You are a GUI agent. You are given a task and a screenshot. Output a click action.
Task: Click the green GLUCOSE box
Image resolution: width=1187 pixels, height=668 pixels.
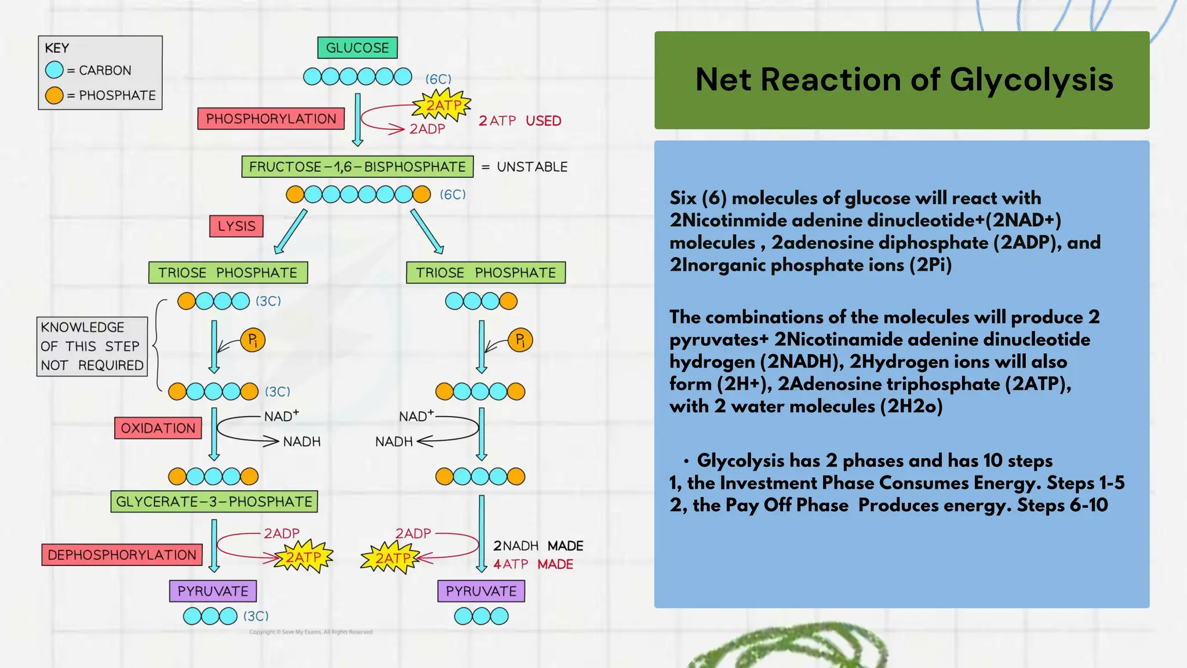click(357, 48)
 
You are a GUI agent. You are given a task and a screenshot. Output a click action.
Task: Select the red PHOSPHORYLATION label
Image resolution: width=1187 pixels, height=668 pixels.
click(271, 119)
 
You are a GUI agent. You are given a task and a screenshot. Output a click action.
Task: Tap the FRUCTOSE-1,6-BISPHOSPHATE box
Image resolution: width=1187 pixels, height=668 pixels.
click(357, 167)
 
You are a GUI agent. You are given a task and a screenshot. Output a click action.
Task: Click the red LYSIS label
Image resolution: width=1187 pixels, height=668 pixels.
click(236, 226)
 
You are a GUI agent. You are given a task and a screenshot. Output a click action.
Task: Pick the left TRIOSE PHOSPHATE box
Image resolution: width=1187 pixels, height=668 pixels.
click(228, 273)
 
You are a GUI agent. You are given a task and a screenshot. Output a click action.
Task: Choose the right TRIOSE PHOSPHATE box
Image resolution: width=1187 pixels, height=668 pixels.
click(486, 273)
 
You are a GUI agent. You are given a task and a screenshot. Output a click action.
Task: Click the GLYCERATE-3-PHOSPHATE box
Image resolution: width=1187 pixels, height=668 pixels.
click(214, 502)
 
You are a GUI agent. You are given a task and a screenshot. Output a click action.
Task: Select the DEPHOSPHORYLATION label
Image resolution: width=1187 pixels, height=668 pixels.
click(122, 555)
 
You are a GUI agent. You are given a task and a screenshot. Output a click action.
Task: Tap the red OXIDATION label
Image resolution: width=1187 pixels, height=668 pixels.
click(158, 429)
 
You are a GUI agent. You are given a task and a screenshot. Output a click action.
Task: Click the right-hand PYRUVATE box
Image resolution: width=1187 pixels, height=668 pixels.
click(481, 591)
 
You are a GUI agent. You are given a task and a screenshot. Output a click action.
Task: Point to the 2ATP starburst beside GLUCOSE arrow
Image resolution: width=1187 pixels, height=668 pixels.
click(443, 106)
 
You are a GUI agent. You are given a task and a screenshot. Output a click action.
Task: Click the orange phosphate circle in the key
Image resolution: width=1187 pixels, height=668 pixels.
click(54, 95)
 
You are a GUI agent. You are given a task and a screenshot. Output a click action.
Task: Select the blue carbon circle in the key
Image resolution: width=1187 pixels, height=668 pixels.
click(54, 70)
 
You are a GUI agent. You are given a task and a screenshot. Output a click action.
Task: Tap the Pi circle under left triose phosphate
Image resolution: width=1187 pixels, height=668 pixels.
click(253, 340)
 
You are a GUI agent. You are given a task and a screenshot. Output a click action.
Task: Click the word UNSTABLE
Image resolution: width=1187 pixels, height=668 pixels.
click(532, 167)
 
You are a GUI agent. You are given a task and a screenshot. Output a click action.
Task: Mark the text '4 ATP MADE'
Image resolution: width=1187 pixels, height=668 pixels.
click(533, 564)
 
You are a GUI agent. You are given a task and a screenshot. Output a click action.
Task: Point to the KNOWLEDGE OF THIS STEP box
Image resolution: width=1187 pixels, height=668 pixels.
click(92, 346)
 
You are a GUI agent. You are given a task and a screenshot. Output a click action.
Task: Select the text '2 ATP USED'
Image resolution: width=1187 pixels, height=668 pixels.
click(519, 121)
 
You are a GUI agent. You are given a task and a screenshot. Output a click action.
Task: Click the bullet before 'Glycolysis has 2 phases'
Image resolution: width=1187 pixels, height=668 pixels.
click(686, 462)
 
